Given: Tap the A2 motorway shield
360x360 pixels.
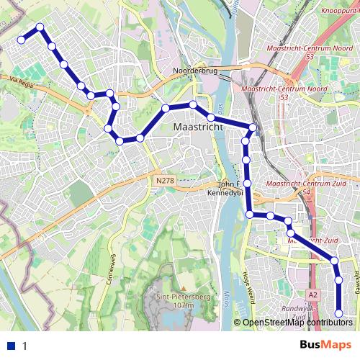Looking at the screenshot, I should [x=312, y=295].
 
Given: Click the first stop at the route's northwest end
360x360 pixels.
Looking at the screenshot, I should [x=22, y=40].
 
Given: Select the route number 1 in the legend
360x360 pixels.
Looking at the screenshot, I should [x=24, y=346].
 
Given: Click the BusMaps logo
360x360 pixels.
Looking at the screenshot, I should [x=325, y=345].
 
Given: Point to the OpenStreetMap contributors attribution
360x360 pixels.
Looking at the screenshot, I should [x=297, y=323].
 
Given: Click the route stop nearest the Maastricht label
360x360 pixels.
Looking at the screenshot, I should [x=211, y=117].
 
